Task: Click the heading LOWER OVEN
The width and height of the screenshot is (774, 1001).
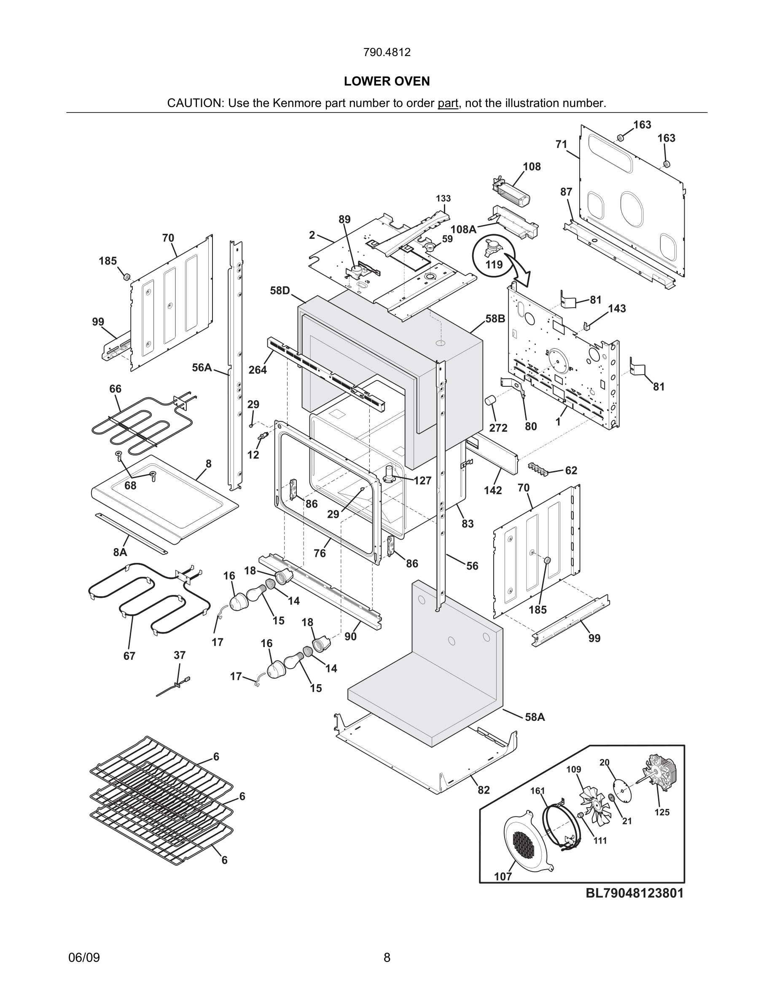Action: [x=387, y=81]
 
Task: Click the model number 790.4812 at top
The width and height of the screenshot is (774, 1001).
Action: [x=387, y=52]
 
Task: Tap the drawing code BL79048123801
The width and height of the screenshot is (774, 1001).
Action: [x=634, y=893]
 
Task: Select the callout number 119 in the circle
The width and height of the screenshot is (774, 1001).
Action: [x=494, y=265]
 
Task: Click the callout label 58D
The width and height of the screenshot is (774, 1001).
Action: [x=279, y=291]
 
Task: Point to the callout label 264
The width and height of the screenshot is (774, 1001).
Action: [x=257, y=369]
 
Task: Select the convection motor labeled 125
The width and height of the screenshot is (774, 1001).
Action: [x=660, y=775]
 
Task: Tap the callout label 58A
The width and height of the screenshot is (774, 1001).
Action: [x=535, y=717]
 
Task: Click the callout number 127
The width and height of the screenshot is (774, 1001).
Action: [x=422, y=480]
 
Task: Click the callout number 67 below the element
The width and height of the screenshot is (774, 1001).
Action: [x=129, y=656]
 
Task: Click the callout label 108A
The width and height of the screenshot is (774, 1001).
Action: [x=463, y=229]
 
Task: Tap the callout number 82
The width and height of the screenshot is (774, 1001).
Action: [x=484, y=790]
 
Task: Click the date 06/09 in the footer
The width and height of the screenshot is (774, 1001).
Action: [x=84, y=957]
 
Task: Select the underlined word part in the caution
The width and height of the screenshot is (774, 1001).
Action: [x=448, y=103]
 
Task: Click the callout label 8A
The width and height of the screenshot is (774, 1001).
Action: [x=120, y=552]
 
